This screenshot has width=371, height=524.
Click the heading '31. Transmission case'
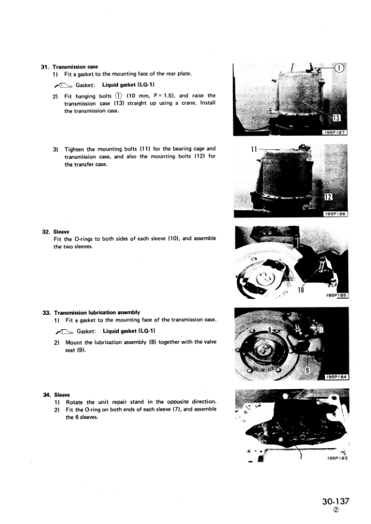(69, 67)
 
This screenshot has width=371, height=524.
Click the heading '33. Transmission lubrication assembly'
(92, 312)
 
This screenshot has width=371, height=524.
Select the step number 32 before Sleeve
(46, 232)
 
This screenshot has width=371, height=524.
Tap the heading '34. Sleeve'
(56, 395)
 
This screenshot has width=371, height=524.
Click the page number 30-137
(336, 501)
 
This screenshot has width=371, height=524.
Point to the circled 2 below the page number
(336, 510)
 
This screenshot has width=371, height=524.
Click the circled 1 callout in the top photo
(339, 68)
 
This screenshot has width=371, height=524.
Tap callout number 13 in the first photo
(337, 118)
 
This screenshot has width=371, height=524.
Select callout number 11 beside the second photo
(254, 149)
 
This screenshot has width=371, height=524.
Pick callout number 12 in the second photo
(328, 197)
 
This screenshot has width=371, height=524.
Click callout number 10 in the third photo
(301, 290)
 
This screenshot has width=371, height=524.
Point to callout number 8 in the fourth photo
(270, 330)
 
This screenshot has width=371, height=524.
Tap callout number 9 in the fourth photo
(308, 370)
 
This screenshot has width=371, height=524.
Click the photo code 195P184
(337, 377)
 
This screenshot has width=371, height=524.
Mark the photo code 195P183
(337, 458)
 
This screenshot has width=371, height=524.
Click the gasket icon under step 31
(62, 85)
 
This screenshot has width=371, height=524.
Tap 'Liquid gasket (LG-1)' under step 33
(129, 331)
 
